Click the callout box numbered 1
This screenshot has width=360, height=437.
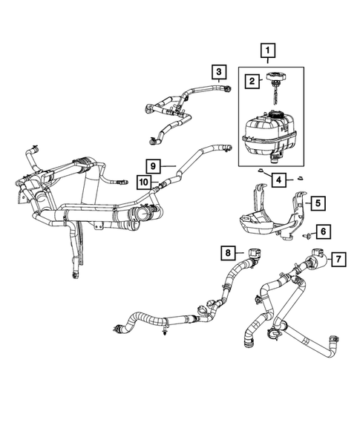pyautogui.click(x=266, y=51)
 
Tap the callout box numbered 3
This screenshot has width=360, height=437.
pyautogui.click(x=218, y=72)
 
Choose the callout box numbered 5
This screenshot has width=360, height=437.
pyautogui.click(x=315, y=202)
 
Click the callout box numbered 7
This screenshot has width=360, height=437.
pyautogui.click(x=338, y=259)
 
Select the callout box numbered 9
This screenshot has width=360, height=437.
pyautogui.click(x=151, y=165)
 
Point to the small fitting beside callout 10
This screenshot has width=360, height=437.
pyautogui.click(x=157, y=189)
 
